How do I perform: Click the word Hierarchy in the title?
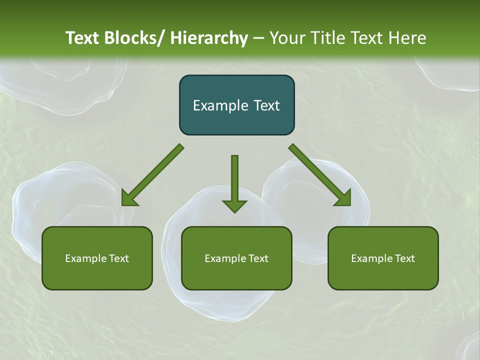209,38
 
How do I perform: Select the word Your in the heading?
286,38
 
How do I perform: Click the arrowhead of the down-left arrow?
129,198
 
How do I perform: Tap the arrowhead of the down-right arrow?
343,198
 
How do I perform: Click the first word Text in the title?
82,38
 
